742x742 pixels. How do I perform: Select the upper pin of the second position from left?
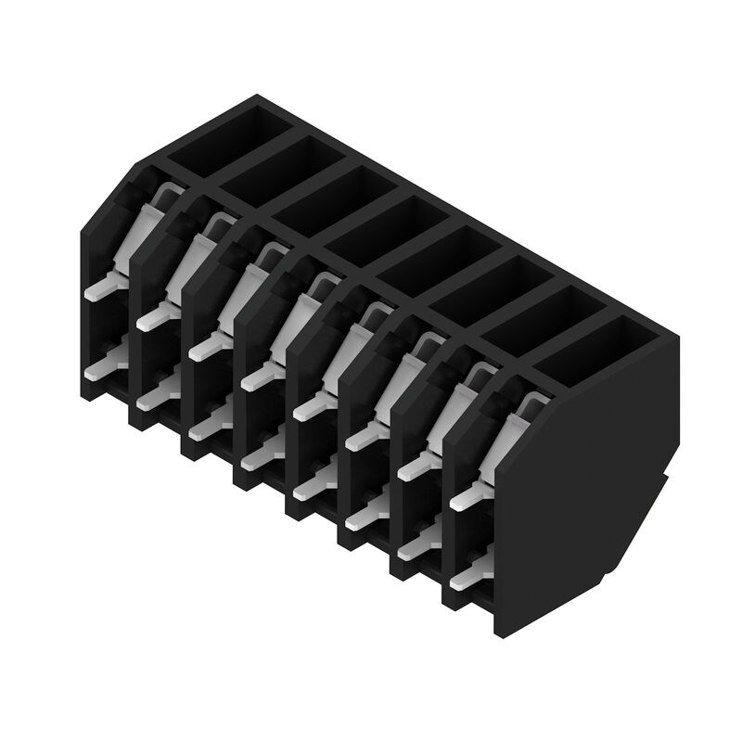[156, 319]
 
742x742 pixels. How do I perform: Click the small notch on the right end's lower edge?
[670, 482]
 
